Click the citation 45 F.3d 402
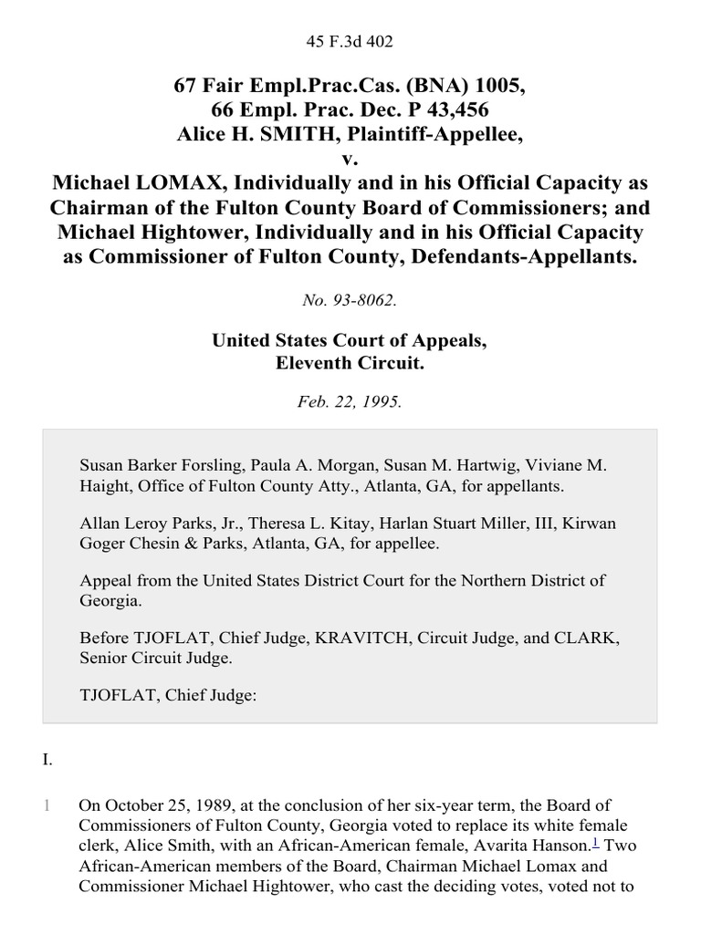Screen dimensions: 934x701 pos(350,40)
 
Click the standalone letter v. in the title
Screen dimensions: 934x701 pos(350,157)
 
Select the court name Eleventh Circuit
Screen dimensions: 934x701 pos(350,364)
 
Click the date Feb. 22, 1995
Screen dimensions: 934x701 pos(350,402)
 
